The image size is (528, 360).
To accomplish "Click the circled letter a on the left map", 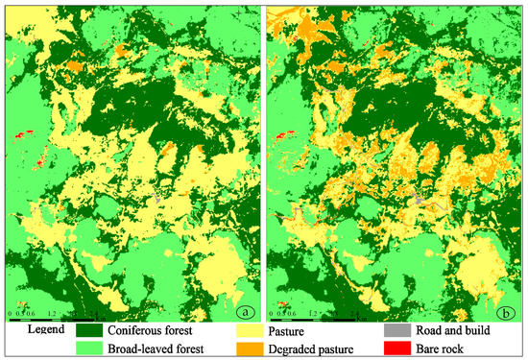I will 249,310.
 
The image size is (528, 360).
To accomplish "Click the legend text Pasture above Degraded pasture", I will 305,330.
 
